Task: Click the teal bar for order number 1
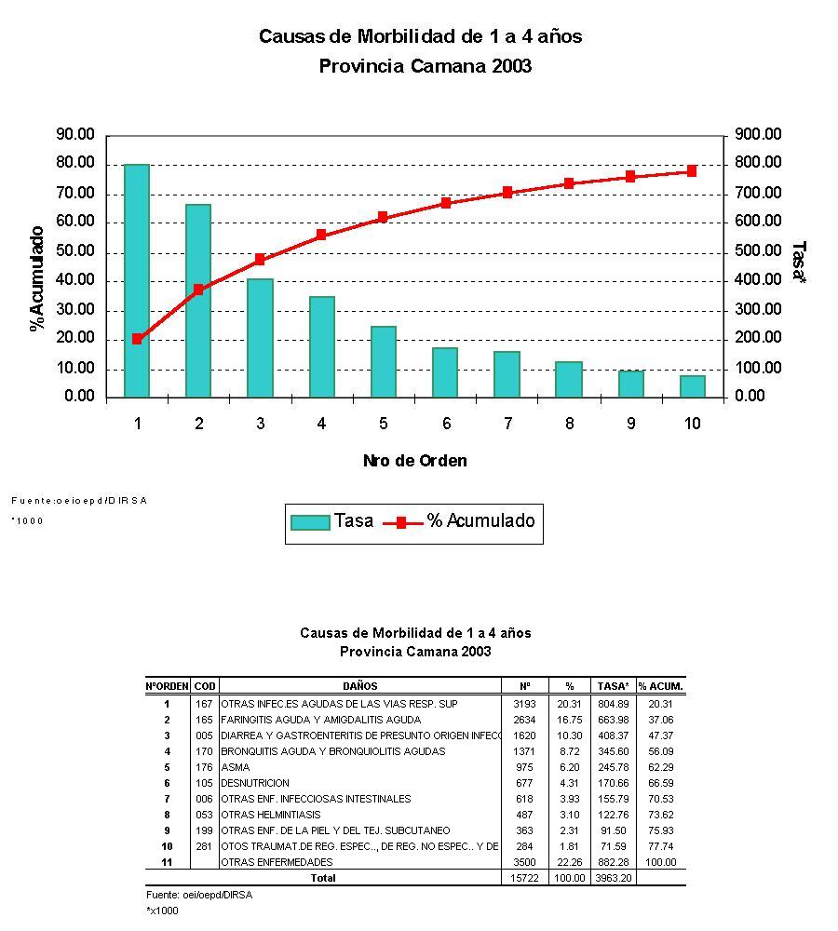click(137, 280)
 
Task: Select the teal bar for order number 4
click(321, 346)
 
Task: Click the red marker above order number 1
click(137, 339)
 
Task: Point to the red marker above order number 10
click(692, 171)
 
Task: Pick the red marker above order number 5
click(383, 217)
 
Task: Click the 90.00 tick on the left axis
click(75, 135)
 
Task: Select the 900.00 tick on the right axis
click(758, 135)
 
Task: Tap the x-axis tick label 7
click(507, 424)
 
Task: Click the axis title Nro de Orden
click(415, 461)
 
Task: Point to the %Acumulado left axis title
click(37, 277)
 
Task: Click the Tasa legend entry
click(331, 521)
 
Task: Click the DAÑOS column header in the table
click(359, 686)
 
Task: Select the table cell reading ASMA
click(229, 767)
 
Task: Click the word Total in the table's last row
click(323, 878)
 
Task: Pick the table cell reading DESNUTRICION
click(255, 783)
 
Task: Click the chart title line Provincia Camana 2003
click(425, 66)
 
